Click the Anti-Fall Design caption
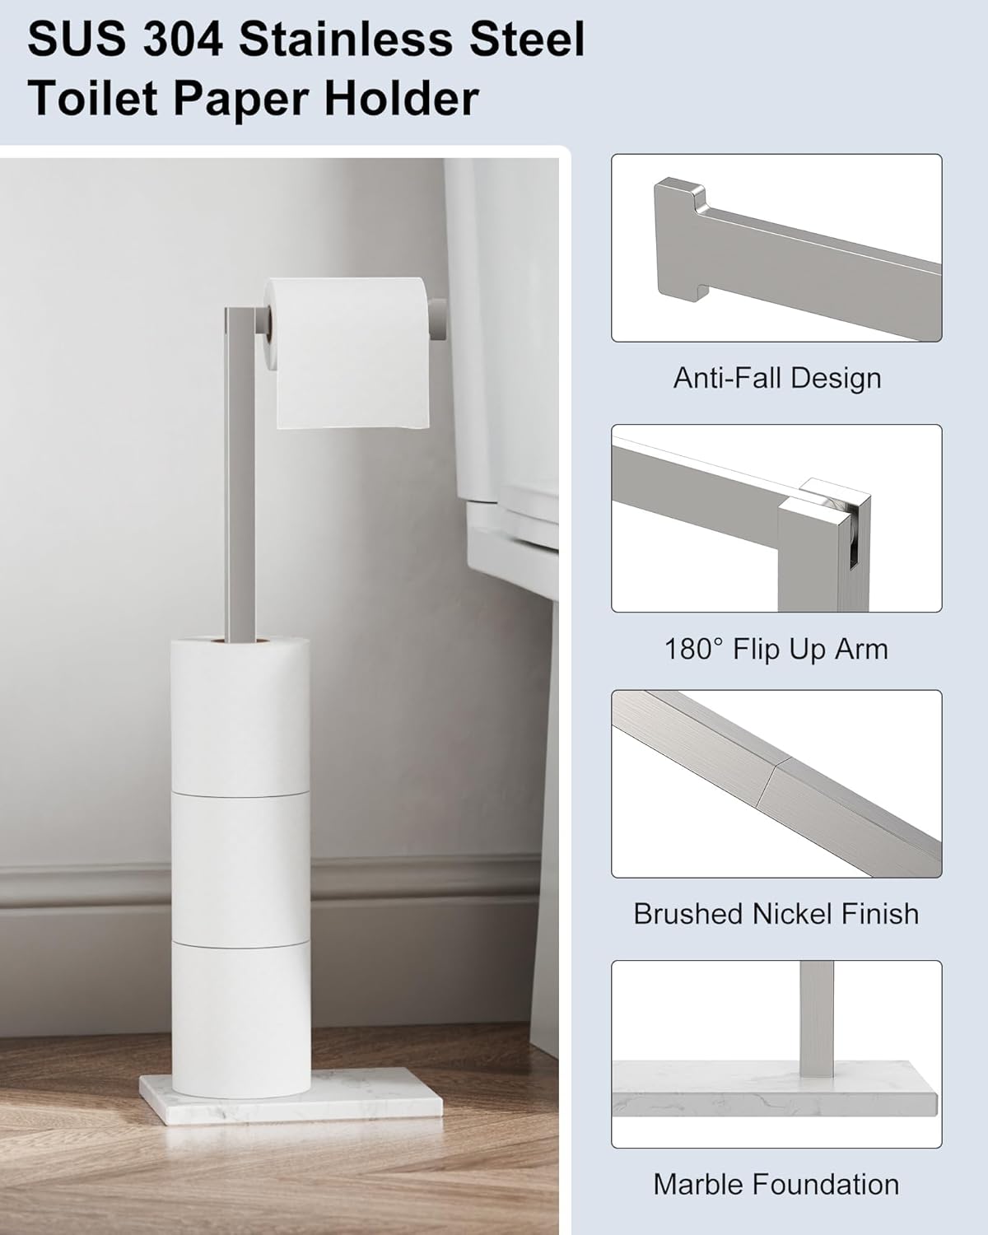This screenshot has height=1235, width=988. click(x=776, y=378)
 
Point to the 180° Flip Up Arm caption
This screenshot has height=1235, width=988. click(x=776, y=649)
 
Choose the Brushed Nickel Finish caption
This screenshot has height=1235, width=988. click(x=776, y=914)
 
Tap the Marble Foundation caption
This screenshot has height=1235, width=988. click(x=776, y=1185)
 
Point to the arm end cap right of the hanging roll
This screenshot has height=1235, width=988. click(x=440, y=319)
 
